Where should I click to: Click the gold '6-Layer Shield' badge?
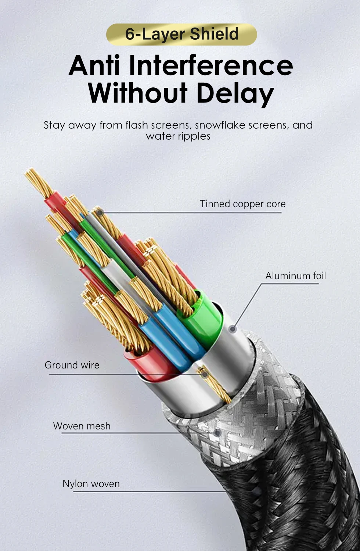pos(181,34)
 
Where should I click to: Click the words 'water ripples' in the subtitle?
pos(178,136)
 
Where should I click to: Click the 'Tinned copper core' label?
pos(242,204)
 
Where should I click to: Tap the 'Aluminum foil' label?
pos(295,276)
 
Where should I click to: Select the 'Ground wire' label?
pos(72,365)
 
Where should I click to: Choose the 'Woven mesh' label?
pos(82,426)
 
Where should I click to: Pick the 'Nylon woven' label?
pos(91,484)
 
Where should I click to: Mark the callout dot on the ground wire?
pos(204,374)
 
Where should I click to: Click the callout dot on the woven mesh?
pos(217,433)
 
